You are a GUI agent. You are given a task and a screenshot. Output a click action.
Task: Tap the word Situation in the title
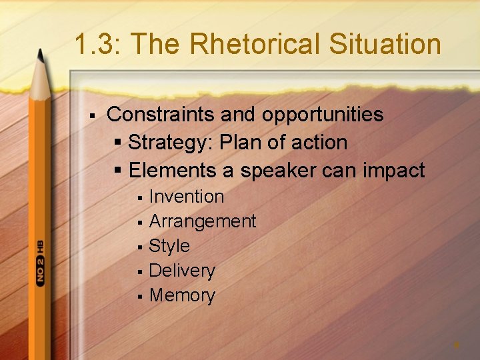click(393, 45)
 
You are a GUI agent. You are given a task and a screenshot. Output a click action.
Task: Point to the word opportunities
click(323, 115)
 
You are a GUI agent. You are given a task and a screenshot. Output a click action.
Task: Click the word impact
click(393, 171)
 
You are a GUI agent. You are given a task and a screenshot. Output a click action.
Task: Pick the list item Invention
click(187, 197)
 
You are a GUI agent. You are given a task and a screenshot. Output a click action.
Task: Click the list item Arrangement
click(203, 221)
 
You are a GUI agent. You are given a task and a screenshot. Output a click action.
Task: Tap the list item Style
click(169, 246)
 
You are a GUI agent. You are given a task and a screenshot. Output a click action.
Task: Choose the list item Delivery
click(182, 271)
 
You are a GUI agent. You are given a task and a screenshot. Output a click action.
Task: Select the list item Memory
click(182, 295)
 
